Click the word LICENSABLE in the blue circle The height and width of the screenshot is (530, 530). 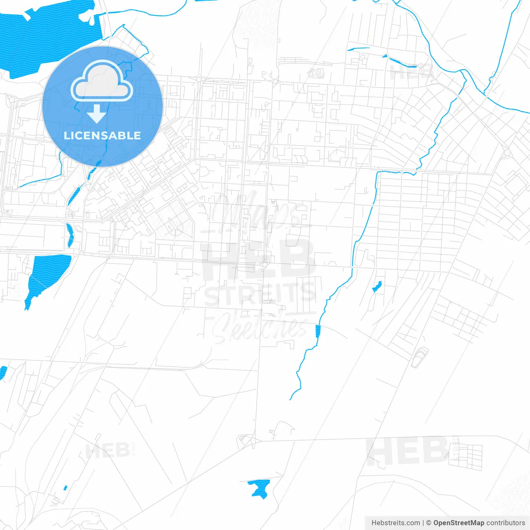pyautogui.click(x=102, y=135)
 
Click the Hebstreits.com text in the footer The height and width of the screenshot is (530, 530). pyautogui.click(x=395, y=523)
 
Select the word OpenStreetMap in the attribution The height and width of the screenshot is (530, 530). pyautogui.click(x=458, y=523)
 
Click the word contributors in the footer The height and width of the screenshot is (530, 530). pyautogui.click(x=506, y=523)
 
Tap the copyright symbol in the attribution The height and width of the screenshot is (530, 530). pyautogui.click(x=429, y=523)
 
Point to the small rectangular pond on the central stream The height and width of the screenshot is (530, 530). pyautogui.click(x=318, y=331)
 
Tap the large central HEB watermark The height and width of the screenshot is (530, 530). pyautogui.click(x=259, y=259)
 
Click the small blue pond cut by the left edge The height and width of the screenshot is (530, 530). pyautogui.click(x=3, y=372)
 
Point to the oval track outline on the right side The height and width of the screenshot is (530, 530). pyautogui.click(x=420, y=357)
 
